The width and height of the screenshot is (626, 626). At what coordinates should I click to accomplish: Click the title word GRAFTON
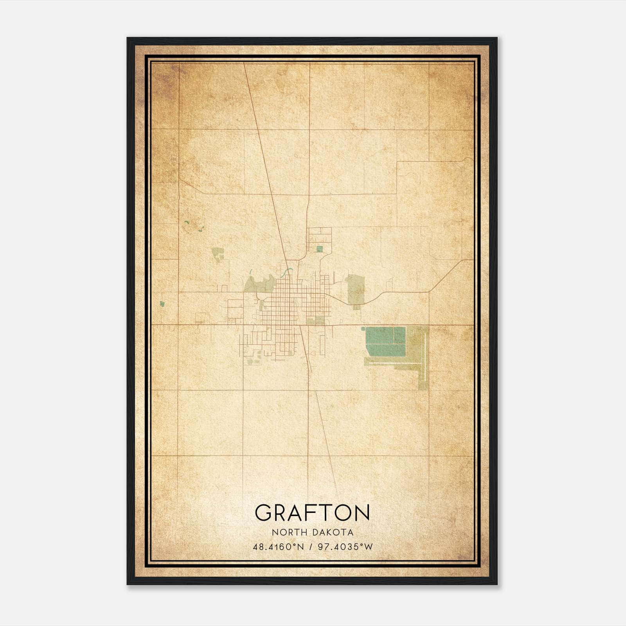(312, 512)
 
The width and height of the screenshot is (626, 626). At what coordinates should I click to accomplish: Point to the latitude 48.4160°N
(278, 547)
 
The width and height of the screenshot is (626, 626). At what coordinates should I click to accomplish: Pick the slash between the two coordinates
(311, 547)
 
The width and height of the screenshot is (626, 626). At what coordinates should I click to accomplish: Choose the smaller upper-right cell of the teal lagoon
(399, 336)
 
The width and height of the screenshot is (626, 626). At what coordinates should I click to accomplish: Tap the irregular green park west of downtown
(258, 284)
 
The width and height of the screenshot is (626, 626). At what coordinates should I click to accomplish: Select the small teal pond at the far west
(162, 304)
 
